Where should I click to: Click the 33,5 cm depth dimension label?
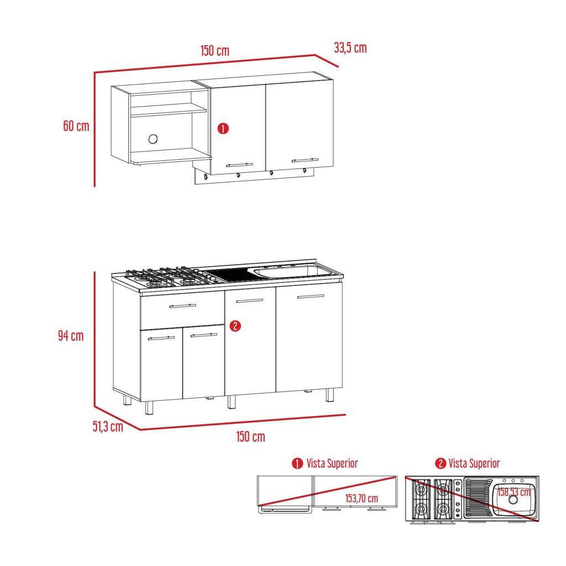click(350, 48)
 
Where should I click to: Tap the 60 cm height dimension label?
click(76, 126)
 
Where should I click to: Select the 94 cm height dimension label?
click(71, 336)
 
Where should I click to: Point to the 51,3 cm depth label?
click(107, 427)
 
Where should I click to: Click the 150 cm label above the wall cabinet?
click(214, 51)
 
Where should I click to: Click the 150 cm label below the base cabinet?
click(250, 437)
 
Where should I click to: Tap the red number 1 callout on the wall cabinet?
click(223, 129)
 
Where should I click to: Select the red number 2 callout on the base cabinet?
click(235, 326)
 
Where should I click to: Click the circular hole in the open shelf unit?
click(153, 139)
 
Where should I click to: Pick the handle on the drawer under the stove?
click(182, 305)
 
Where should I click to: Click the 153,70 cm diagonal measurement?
click(361, 498)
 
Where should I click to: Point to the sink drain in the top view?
click(513, 500)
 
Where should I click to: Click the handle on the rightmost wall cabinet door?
click(305, 160)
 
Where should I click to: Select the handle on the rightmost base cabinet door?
click(310, 297)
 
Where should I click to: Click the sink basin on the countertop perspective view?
click(293, 271)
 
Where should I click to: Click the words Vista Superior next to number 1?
click(332, 463)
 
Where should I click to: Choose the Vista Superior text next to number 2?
click(474, 463)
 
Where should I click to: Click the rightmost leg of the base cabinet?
click(329, 395)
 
